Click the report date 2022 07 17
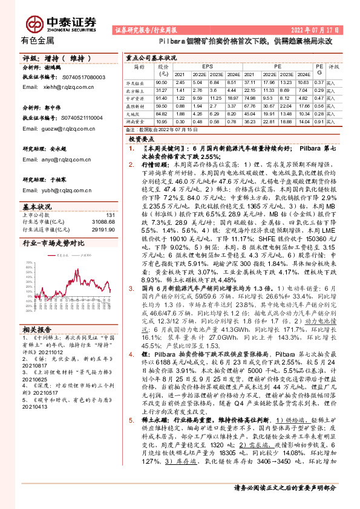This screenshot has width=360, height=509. (313, 30)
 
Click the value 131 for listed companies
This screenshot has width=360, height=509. (110, 215)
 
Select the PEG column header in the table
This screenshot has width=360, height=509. (319, 68)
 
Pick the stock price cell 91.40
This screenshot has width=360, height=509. (161, 97)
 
